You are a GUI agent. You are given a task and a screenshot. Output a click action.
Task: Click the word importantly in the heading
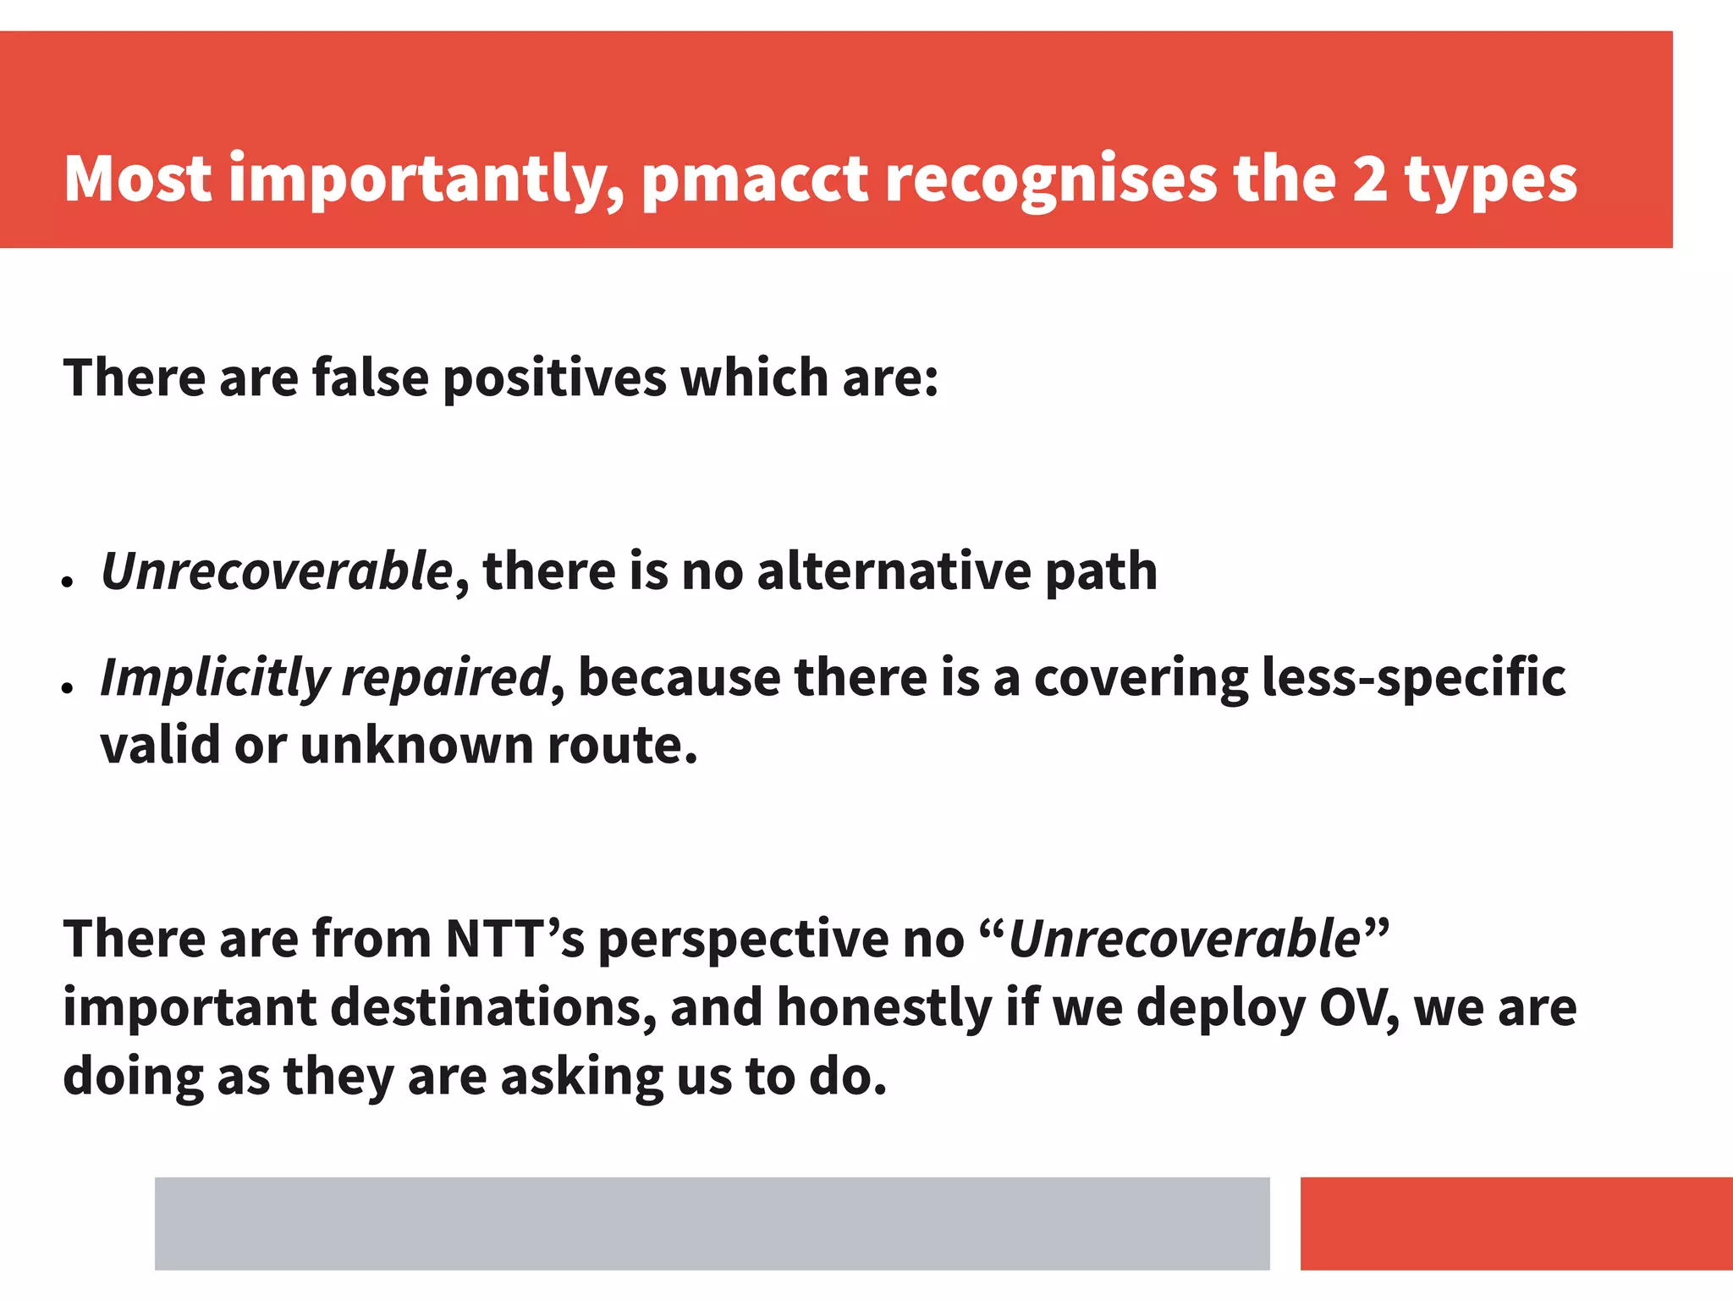[426, 180]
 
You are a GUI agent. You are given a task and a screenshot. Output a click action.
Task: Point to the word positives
[554, 378]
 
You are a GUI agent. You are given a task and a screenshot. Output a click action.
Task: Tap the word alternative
[894, 571]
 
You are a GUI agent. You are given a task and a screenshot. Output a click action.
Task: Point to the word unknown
[416, 746]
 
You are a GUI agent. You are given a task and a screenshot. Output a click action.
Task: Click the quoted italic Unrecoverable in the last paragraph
[1185, 939]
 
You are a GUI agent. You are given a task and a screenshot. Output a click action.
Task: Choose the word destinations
[492, 1007]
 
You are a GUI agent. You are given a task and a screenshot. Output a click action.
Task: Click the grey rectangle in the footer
[712, 1223]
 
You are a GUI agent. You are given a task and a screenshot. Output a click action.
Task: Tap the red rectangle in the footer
[1516, 1223]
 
